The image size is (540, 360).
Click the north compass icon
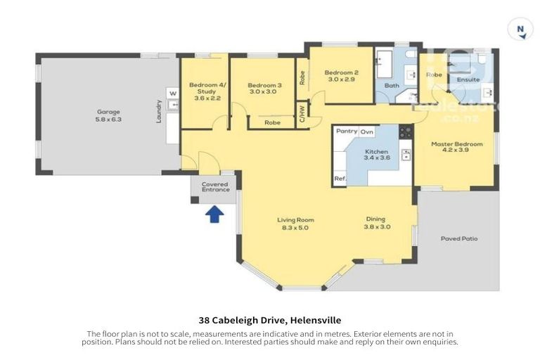coord(520,29)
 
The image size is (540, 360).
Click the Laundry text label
coord(160,112)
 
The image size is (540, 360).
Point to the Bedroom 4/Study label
coord(206,87)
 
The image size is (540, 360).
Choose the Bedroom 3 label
coord(264,85)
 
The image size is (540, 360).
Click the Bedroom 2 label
coord(342,72)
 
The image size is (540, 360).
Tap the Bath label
coord(391,86)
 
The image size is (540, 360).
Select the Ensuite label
coord(468,79)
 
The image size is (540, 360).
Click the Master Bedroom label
coord(457,144)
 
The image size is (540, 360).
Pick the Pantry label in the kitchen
coord(347,131)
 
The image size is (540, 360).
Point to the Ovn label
coord(367,131)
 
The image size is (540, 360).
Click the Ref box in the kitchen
coord(340,179)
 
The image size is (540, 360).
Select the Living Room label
coord(295,220)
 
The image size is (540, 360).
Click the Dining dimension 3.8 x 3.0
coord(377,227)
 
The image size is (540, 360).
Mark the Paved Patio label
coord(459,238)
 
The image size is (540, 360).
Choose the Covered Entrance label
coord(215,187)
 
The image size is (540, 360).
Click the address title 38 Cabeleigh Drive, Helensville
coord(270,320)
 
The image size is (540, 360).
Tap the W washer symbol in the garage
coord(171,92)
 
